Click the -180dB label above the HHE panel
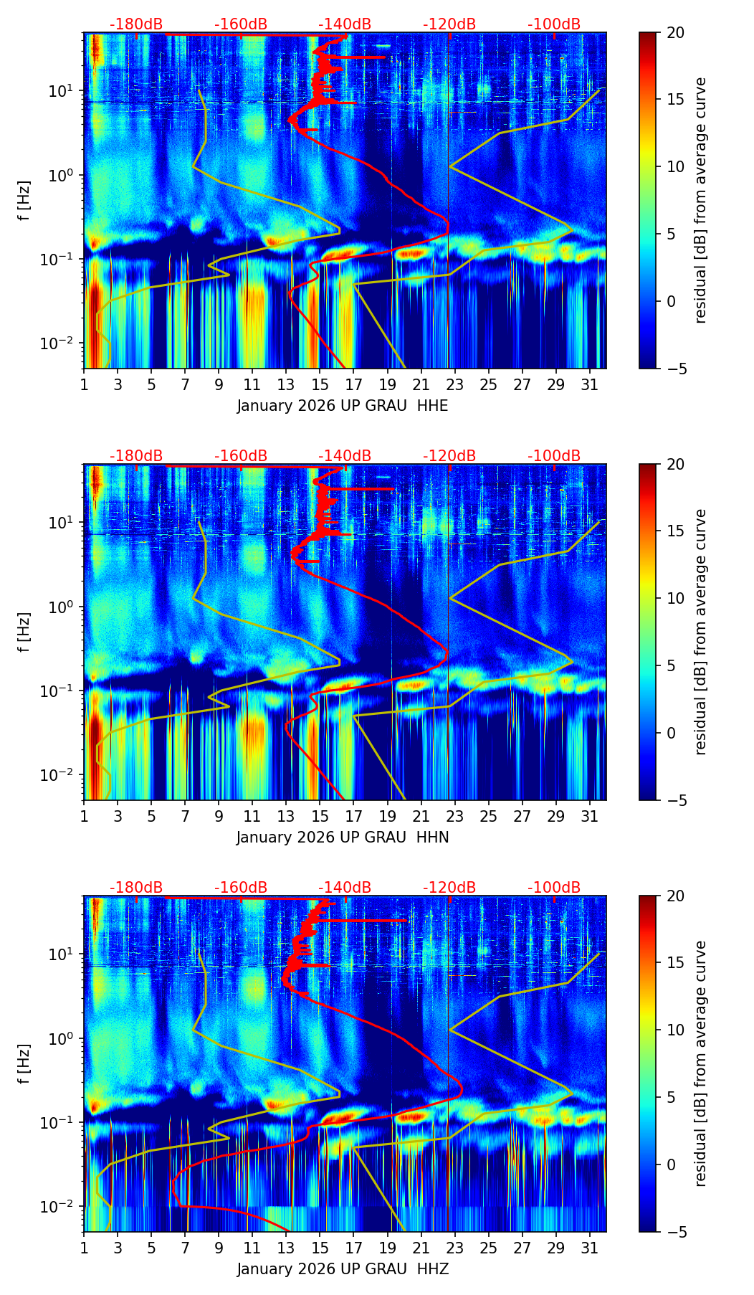click(x=136, y=24)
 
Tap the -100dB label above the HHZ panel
click(x=554, y=888)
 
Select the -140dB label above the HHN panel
click(x=345, y=456)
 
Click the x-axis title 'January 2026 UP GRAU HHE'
click(x=343, y=406)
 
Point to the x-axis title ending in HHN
click(x=343, y=838)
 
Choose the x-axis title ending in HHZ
click(x=343, y=1269)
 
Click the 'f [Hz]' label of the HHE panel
click(x=25, y=201)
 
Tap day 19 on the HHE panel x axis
click(x=387, y=384)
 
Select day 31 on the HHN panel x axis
click(x=589, y=815)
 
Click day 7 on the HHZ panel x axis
click(x=185, y=1247)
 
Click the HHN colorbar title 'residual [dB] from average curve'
click(x=701, y=632)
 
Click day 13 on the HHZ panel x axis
click(x=286, y=1247)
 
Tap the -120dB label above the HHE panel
click(x=449, y=24)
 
